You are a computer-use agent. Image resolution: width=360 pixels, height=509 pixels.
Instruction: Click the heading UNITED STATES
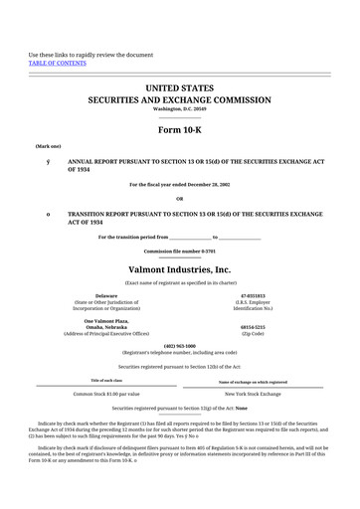(x=179, y=88)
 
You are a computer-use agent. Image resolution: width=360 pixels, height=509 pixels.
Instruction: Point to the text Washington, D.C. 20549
(x=179, y=109)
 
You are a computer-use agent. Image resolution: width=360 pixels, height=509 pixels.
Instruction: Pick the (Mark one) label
(x=48, y=145)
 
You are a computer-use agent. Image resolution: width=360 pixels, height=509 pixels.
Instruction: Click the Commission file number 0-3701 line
(x=179, y=251)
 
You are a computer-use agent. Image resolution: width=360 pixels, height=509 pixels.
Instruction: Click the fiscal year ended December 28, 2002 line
(x=179, y=185)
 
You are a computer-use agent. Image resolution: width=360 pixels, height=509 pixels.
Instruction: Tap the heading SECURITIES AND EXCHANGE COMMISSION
(x=179, y=100)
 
